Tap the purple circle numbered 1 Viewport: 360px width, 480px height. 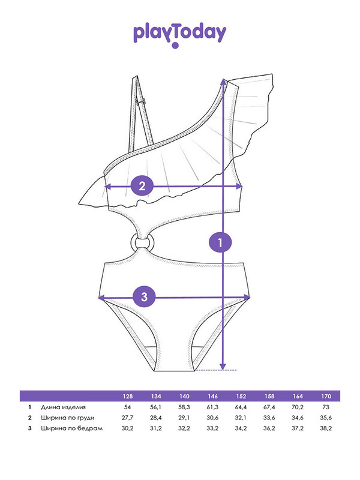tap(220, 243)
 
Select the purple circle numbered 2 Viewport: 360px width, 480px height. tap(142, 186)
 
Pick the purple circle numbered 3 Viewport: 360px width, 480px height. tap(144, 296)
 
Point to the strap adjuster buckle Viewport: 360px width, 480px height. tap(140, 101)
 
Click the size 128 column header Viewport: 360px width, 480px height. tap(128, 397)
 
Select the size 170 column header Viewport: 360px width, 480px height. tap(326, 397)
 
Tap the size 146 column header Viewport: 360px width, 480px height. tap(213, 397)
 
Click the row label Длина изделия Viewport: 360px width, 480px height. tap(63, 407)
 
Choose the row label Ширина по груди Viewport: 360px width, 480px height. tap(67, 418)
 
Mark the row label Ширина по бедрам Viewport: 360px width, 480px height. tap(71, 428)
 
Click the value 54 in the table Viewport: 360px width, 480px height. tap(127, 407)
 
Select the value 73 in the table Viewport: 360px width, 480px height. tap(326, 407)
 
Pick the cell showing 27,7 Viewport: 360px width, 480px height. tap(127, 418)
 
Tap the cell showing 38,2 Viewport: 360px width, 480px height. tap(326, 428)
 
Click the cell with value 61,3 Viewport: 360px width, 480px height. tap(213, 407)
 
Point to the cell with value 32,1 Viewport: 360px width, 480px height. tap(241, 418)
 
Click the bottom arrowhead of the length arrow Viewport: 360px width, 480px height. tap(223, 367)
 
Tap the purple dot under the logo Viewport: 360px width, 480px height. tap(175, 46)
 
